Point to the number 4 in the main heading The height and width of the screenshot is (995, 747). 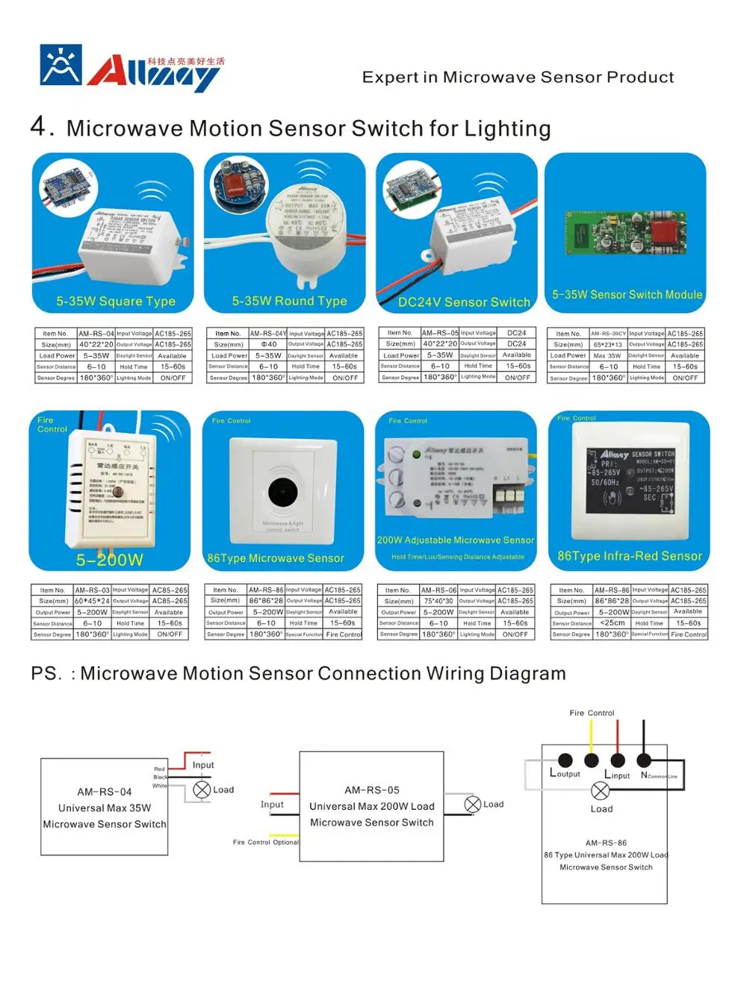[x=39, y=125]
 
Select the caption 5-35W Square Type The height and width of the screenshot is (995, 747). [x=116, y=302]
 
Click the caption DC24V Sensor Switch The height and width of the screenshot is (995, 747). [x=464, y=302]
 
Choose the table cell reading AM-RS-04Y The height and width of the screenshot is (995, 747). [x=267, y=334]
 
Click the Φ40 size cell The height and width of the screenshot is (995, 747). [x=267, y=345]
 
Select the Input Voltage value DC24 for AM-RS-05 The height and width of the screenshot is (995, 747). [x=516, y=333]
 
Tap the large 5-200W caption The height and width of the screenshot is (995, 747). [x=109, y=560]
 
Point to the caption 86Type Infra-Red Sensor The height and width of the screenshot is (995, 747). [x=630, y=556]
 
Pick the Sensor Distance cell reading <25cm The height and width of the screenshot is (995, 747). [x=613, y=623]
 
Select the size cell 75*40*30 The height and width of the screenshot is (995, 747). [x=438, y=601]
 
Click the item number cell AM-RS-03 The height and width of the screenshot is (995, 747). [x=92, y=590]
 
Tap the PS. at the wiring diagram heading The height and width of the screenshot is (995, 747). [x=46, y=673]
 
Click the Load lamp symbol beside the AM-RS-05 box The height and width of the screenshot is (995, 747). [x=472, y=804]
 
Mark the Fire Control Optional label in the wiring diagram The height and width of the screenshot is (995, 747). [x=265, y=842]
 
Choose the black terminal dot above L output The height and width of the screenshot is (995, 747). [x=565, y=760]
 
